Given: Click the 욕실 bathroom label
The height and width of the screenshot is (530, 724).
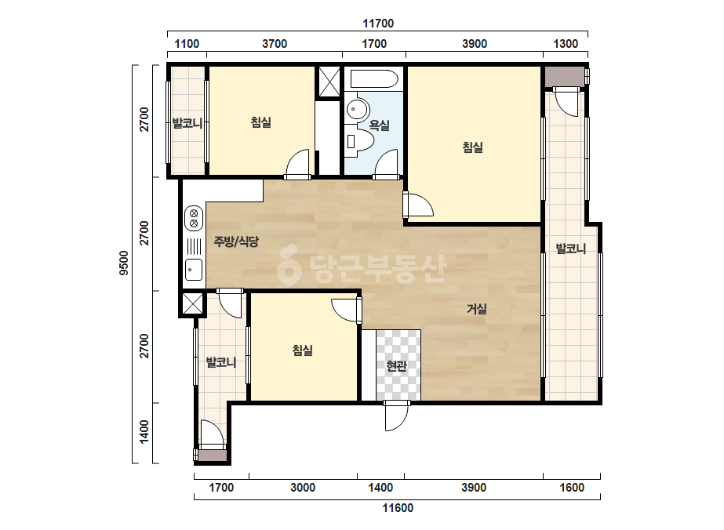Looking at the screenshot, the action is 379,125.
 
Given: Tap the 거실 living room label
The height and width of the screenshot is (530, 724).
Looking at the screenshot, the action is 476,309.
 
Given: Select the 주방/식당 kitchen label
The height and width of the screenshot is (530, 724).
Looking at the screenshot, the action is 236,241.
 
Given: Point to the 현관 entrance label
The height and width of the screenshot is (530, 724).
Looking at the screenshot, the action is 397,366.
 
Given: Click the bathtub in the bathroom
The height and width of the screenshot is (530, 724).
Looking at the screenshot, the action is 374,79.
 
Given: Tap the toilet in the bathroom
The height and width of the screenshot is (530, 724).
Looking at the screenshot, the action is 362,141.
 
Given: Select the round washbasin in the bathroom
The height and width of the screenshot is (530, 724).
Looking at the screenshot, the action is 357,110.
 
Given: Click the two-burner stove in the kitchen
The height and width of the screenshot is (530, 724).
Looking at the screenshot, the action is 194,219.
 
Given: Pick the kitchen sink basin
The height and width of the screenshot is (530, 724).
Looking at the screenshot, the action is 194,269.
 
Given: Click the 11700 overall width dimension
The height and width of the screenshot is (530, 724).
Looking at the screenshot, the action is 378,24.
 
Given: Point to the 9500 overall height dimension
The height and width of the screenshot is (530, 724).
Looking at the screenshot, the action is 124,263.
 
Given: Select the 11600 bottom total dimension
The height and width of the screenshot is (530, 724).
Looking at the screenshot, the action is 398,508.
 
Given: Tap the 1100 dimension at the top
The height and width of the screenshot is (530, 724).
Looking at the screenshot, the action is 187,44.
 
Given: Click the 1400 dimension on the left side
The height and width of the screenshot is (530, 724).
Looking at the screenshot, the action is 144,432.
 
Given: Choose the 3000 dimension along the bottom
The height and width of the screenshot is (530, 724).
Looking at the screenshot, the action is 303,488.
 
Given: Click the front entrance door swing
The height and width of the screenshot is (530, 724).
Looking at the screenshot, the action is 396,416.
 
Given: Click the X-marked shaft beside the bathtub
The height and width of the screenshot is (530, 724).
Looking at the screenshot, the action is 329,82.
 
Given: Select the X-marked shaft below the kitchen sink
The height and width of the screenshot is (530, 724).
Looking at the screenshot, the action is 192,303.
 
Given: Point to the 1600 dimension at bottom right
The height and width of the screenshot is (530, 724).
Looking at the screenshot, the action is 572,488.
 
